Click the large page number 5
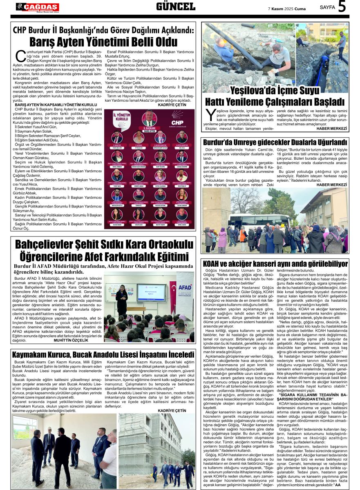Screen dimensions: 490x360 coord(342,7)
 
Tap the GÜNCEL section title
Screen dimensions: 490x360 coord(176,7)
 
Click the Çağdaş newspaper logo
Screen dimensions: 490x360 coord(38,7)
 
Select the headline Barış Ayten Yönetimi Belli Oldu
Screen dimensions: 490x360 coord(103,42)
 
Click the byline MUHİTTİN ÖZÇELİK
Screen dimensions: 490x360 coord(71,340)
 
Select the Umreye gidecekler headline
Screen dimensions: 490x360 coord(275,142)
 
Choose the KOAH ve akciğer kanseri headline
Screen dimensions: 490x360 coord(275,264)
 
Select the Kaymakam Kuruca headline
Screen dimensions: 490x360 coord(103,354)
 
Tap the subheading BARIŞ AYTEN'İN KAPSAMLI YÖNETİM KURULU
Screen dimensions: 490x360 coord(56,105)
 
